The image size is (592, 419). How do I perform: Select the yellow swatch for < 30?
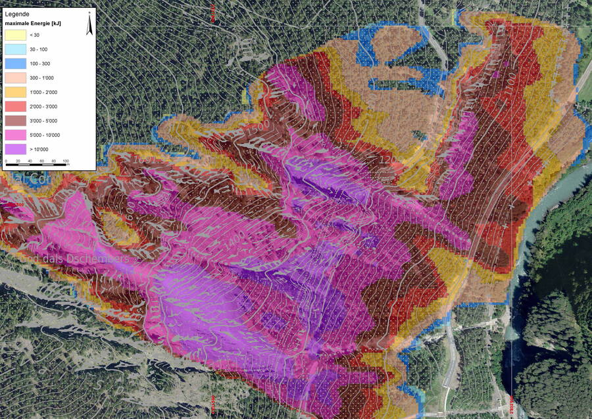pyautogui.click(x=16, y=35)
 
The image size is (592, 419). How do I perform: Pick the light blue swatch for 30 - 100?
pyautogui.click(x=16, y=49)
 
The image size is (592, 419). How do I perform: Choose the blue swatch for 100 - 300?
pyautogui.click(x=16, y=64)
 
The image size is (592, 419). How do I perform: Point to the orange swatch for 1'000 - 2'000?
pyautogui.click(x=16, y=92)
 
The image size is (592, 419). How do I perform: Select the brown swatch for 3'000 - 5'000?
pyautogui.click(x=16, y=121)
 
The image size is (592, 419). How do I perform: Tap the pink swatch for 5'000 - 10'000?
pyautogui.click(x=16, y=135)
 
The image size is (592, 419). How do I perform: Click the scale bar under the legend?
pyautogui.click(x=36, y=164)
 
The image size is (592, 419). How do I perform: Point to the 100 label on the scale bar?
pyautogui.click(x=66, y=160)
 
